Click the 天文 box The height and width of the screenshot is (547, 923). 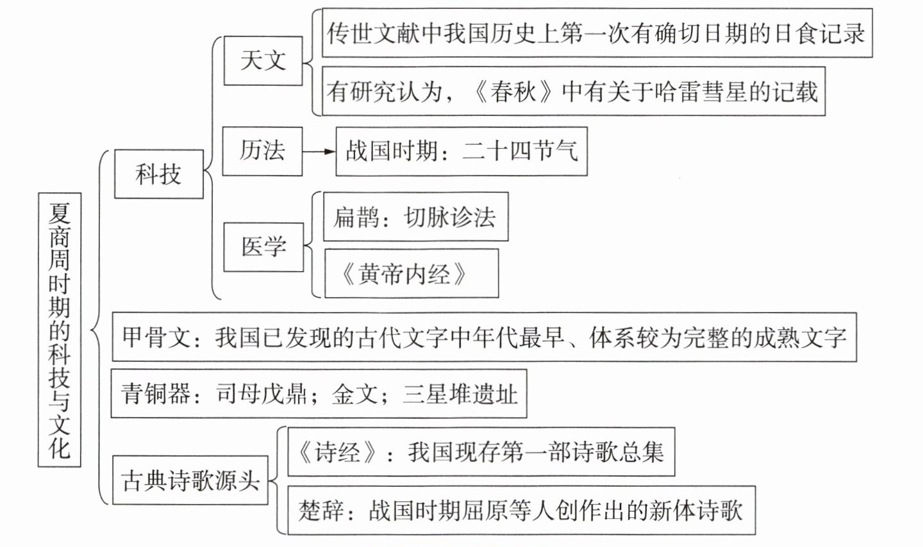point(263,61)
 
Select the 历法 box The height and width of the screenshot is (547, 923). point(262,151)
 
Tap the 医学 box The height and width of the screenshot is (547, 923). point(263,247)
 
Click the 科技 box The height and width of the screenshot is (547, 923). point(158,174)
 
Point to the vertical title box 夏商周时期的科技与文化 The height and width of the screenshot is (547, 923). point(60,329)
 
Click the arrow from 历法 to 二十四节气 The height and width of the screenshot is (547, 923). point(319,152)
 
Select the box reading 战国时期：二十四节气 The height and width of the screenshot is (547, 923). point(462,152)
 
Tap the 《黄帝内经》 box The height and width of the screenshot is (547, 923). point(411,274)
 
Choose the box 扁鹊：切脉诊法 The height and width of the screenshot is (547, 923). point(415,217)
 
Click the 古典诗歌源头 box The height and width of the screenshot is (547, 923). point(190,480)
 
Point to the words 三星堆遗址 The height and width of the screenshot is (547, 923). point(460,394)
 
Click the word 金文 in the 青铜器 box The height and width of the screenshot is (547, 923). point(354,394)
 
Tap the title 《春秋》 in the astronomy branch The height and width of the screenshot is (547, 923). point(513,92)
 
